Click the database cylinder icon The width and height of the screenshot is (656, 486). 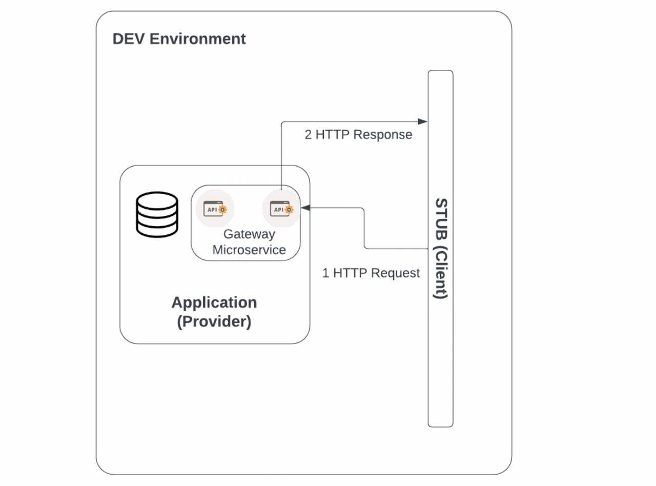(157, 214)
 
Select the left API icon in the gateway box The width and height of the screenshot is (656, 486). (215, 209)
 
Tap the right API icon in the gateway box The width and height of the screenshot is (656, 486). (281, 209)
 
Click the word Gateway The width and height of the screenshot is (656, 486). (249, 234)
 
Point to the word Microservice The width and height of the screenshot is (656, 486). (249, 250)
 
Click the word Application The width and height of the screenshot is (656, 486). (214, 302)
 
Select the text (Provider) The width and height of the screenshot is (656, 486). (214, 322)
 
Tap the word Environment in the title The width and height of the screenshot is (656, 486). (198, 39)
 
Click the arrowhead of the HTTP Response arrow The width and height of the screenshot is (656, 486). (423, 121)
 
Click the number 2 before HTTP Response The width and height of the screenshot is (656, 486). (308, 135)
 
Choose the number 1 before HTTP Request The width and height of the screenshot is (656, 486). (325, 273)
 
